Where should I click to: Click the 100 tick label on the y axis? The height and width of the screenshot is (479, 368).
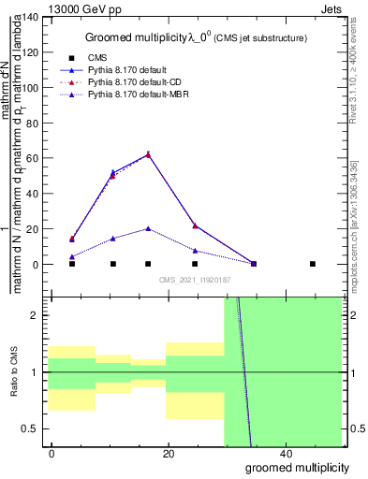point(30,88)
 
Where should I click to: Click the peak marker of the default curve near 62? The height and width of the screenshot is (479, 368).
point(148,154)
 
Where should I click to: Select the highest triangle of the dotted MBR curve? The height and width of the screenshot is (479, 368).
point(148,228)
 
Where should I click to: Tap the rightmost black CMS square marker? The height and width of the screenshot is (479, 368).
point(313,264)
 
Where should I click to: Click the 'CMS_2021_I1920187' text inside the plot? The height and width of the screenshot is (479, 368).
point(194,280)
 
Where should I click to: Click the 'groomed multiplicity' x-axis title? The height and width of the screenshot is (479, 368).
point(297,467)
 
